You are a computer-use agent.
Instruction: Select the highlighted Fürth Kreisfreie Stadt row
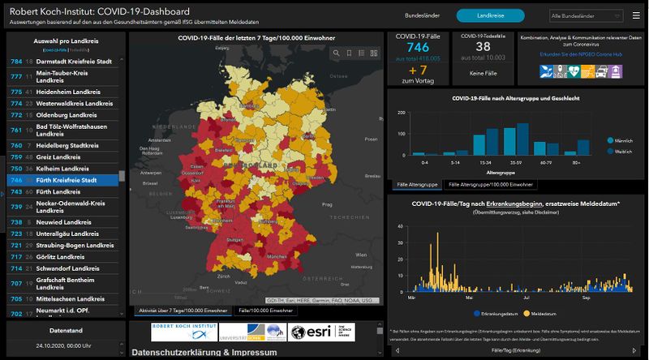[x=67, y=180]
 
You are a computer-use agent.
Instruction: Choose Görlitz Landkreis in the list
[x=61, y=256]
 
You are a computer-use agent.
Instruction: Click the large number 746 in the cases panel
[x=418, y=48]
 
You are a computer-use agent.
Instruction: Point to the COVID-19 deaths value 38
[x=482, y=48]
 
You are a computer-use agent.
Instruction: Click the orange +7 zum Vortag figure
[x=418, y=71]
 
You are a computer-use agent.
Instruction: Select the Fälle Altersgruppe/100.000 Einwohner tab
[x=488, y=186]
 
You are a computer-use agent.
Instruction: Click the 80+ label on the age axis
[x=576, y=163]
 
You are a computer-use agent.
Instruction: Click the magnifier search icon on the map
[x=336, y=53]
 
